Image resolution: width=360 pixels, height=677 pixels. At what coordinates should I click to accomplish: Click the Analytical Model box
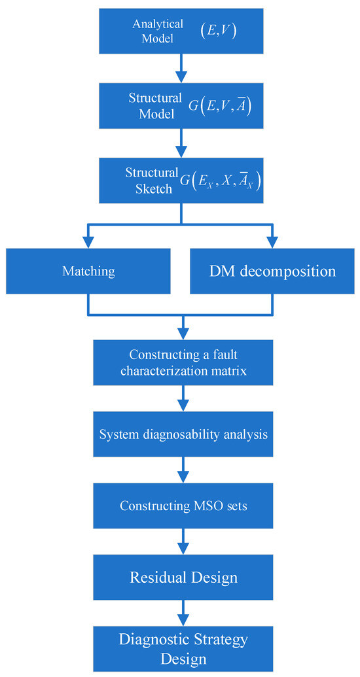pyautogui.click(x=183, y=31)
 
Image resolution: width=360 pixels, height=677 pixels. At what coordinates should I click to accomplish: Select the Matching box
pyautogui.click(x=88, y=271)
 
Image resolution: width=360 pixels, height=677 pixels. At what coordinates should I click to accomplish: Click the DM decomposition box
pyautogui.click(x=272, y=271)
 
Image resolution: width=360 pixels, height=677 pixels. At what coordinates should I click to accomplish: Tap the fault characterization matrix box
pyautogui.click(x=183, y=362)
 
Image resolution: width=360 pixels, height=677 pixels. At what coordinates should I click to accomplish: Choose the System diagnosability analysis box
pyautogui.click(x=183, y=434)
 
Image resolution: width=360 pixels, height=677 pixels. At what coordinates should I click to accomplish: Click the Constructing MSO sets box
pyautogui.click(x=183, y=506)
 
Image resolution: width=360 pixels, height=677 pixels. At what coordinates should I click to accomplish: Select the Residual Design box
pyautogui.click(x=183, y=578)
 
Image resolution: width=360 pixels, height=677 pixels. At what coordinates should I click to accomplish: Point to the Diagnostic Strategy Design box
pyautogui.click(x=183, y=648)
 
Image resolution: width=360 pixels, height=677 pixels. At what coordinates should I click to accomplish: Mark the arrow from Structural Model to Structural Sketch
pyautogui.click(x=183, y=141)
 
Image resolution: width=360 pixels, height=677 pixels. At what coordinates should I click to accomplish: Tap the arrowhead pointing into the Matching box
pyautogui.click(x=88, y=242)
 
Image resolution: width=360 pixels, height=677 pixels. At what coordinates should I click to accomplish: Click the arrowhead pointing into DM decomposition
pyautogui.click(x=271, y=242)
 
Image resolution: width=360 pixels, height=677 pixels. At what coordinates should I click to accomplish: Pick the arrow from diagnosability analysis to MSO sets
pyautogui.click(x=183, y=470)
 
